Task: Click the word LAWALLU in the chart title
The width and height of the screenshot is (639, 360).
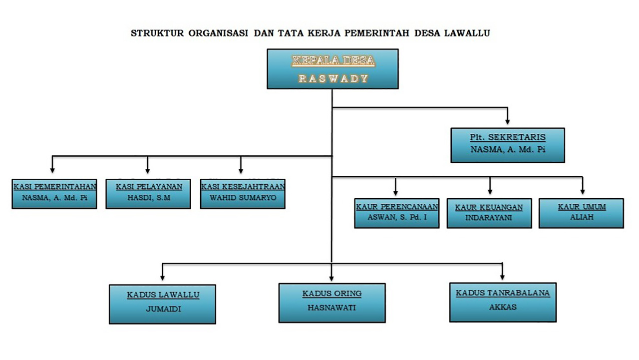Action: click(467, 33)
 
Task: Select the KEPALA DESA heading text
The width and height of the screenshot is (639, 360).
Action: click(333, 60)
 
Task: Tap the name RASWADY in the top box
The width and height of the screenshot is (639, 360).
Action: click(333, 78)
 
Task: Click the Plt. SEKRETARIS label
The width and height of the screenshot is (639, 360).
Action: click(508, 137)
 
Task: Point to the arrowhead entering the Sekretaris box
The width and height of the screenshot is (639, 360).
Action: click(508, 121)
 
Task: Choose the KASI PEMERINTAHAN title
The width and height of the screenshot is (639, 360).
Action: click(55, 187)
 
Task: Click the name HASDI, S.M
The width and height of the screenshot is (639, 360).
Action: click(149, 198)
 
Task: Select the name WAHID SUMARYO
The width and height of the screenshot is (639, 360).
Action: click(243, 198)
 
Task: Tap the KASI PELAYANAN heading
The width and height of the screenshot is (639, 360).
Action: click(149, 187)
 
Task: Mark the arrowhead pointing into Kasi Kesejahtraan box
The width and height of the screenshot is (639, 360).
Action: click(241, 170)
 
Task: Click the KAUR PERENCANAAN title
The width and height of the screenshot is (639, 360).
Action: click(397, 207)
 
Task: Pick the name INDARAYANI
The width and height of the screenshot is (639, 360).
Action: click(489, 218)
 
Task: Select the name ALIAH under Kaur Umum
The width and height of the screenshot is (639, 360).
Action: click(582, 217)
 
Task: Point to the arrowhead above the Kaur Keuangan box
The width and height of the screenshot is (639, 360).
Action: click(490, 191)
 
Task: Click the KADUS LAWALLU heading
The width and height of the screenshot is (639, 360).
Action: click(163, 295)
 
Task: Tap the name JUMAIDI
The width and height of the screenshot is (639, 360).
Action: click(163, 309)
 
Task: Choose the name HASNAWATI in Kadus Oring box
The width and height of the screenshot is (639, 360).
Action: click(331, 308)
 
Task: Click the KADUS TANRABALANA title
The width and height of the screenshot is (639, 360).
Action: click(503, 293)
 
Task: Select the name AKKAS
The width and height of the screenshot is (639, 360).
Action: click(503, 307)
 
